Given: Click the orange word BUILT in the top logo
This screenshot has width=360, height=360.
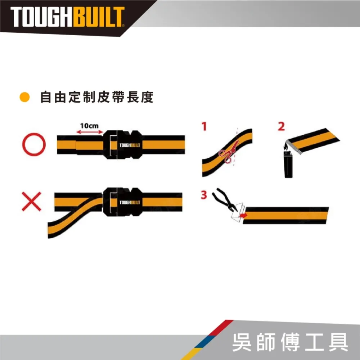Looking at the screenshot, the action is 99,17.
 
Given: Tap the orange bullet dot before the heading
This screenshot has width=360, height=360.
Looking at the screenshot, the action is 24,97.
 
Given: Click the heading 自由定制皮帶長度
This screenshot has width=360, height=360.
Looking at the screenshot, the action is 97,97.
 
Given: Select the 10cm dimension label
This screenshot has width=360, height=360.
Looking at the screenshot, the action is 89,126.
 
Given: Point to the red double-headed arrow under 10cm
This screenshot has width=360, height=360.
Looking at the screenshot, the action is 90,132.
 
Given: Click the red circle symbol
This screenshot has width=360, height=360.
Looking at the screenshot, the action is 34,144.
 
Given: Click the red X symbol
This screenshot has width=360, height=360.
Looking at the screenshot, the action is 31,201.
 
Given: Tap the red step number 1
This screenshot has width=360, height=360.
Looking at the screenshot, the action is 204,126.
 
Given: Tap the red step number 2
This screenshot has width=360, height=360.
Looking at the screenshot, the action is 282,126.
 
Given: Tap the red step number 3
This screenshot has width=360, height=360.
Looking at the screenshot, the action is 204,195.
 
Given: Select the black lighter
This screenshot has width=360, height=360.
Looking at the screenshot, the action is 288,165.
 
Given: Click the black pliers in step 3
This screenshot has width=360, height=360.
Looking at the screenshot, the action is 225,199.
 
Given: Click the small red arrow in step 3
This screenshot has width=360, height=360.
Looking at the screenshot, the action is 243,215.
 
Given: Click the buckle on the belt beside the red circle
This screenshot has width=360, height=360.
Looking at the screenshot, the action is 122,145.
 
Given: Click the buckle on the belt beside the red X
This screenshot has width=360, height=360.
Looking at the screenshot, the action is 122,202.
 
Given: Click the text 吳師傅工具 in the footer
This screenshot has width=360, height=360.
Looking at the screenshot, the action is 290,342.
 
